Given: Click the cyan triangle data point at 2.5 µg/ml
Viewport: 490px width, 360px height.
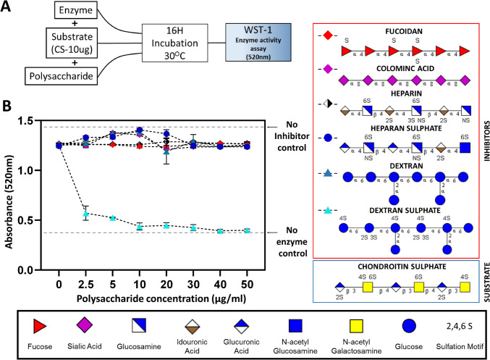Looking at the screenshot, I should (x=85, y=214).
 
